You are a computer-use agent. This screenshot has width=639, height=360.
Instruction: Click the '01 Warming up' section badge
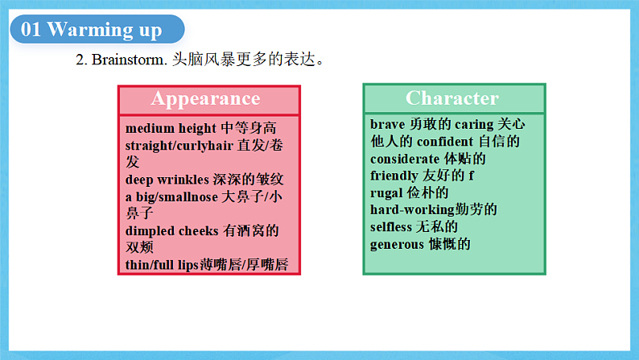click(93, 31)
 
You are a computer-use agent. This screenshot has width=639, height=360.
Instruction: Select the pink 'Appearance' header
click(206, 99)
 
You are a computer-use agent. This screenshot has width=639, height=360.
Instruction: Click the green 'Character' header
click(452, 98)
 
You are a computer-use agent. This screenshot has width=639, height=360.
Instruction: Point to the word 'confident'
click(445, 142)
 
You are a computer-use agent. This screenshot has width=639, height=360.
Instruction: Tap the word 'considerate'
click(405, 159)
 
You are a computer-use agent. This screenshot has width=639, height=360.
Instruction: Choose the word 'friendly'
click(394, 176)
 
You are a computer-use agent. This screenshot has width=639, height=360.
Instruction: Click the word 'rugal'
click(387, 193)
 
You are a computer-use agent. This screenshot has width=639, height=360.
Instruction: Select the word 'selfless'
click(391, 227)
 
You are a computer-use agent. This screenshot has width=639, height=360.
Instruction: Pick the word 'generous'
click(397, 245)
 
